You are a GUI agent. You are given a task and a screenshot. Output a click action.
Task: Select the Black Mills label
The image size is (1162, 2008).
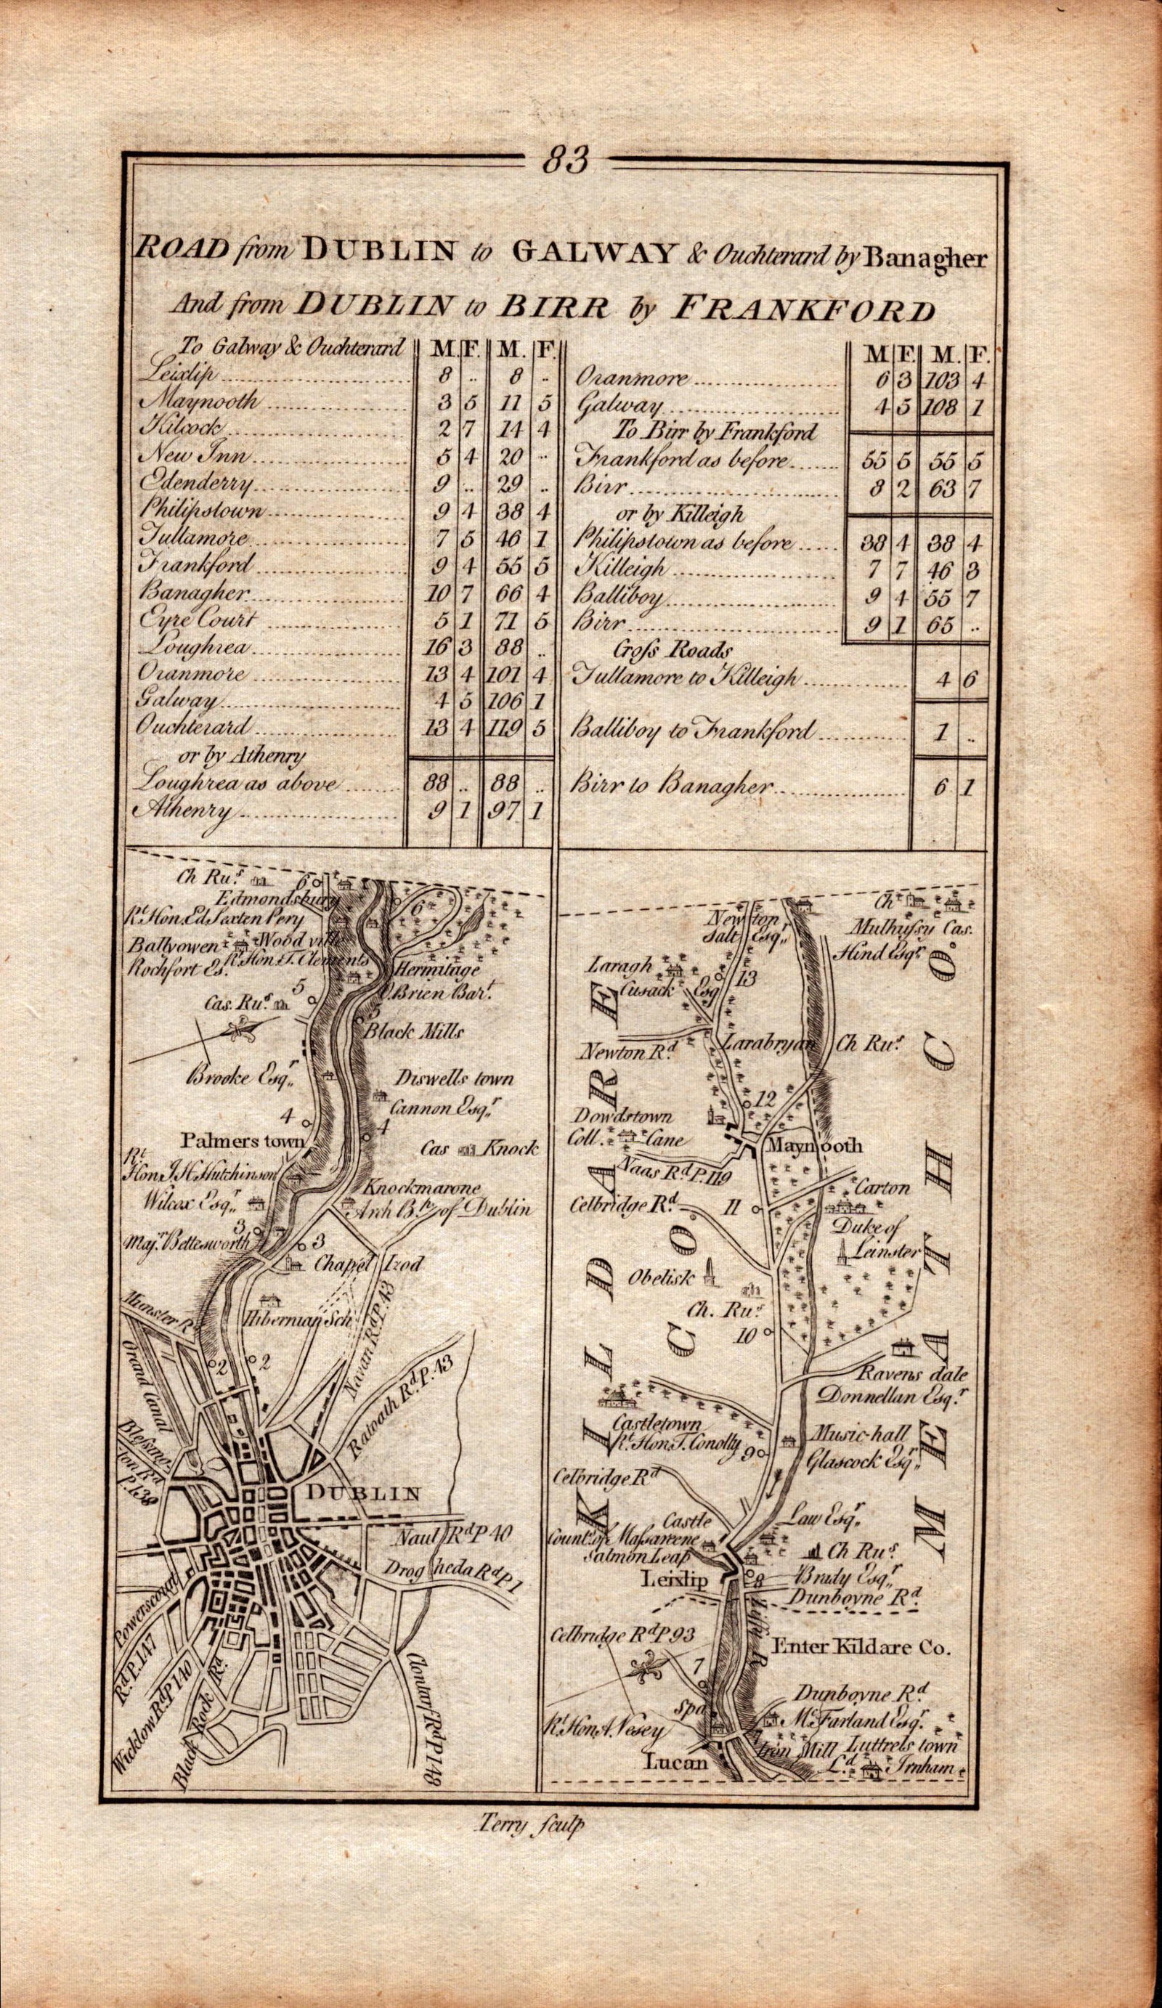click(412, 1032)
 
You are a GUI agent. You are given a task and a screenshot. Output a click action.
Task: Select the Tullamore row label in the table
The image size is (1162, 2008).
click(187, 538)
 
